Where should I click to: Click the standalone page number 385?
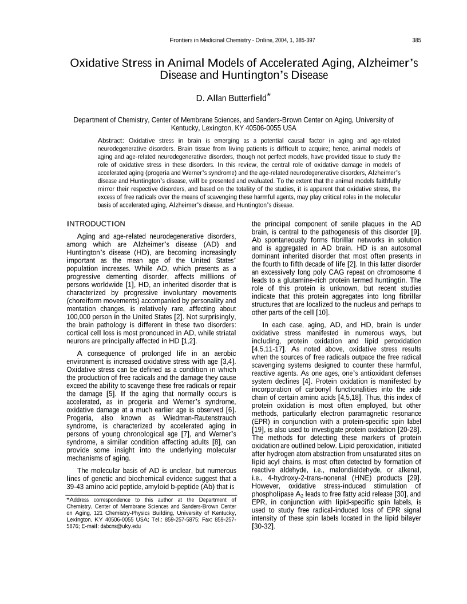(417, 40)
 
